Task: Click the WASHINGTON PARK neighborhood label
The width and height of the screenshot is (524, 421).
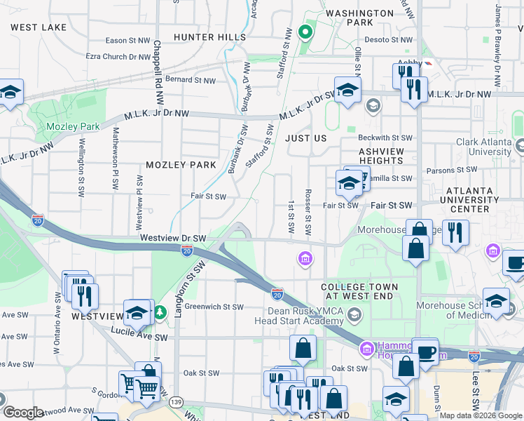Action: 360,18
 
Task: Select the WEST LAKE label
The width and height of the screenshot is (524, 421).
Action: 39,27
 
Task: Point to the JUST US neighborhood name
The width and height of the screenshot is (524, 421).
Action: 306,138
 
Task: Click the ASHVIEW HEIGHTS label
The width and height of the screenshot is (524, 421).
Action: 381,156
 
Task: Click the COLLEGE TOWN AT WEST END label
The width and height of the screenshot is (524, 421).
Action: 359,293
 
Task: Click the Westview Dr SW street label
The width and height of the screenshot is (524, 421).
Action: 172,238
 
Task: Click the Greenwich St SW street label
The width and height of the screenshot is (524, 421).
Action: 214,307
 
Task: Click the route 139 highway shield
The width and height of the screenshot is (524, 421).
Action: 176,402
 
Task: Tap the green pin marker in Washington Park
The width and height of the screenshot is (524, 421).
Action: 305,32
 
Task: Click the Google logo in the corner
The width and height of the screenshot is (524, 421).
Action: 23,413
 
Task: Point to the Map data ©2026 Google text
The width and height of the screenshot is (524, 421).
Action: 481,415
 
